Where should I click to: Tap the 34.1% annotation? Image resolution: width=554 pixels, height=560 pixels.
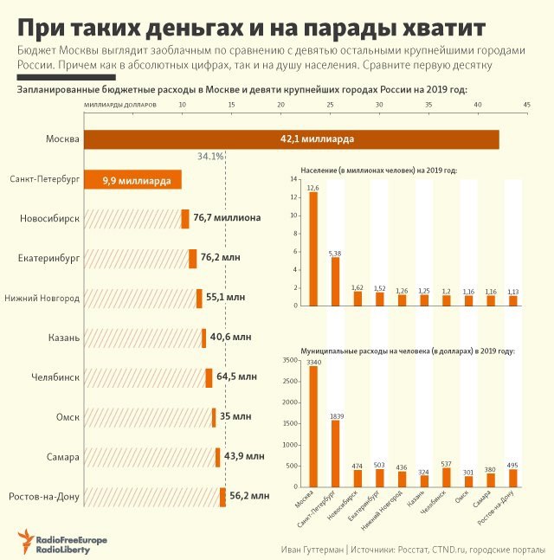coord(210,157)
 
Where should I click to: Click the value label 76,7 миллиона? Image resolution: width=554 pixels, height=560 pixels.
coord(227,218)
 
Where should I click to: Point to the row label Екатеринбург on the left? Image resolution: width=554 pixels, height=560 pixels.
coord(48,258)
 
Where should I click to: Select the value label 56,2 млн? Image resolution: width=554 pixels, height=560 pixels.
coord(248,496)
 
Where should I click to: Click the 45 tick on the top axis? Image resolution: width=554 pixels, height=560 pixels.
coord(526,105)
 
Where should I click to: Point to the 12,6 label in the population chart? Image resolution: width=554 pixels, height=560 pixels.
coord(312,188)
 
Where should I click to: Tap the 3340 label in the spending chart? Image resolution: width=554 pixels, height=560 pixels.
coord(312,363)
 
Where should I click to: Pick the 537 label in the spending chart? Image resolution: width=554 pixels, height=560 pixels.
coord(447,463)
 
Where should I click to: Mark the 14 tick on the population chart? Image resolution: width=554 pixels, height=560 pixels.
coord(293,179)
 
